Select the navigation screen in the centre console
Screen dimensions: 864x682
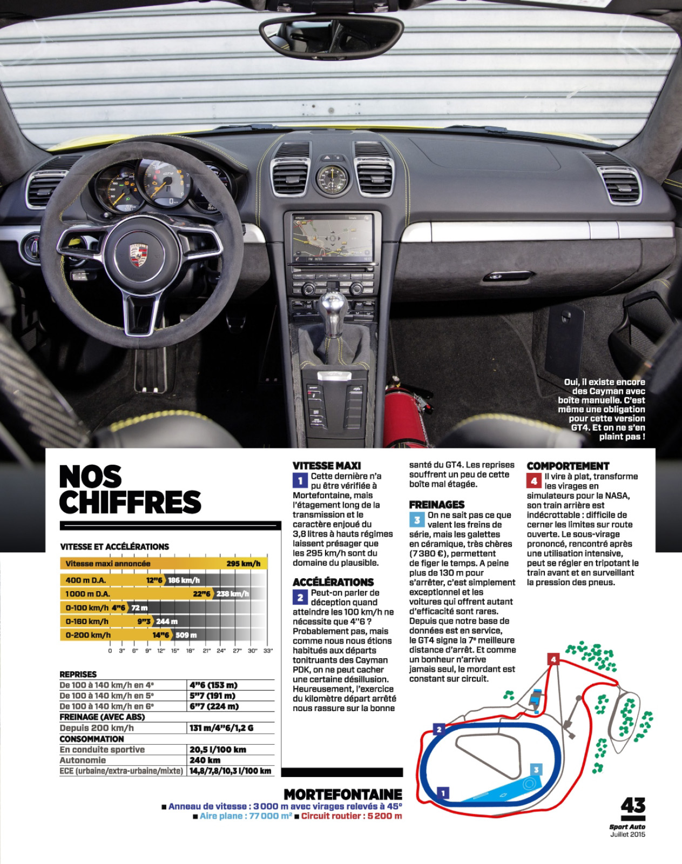click(x=332, y=237)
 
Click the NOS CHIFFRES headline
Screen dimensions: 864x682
click(x=130, y=490)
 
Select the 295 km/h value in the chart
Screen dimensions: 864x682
click(x=243, y=564)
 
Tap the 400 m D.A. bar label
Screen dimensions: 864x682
click(x=86, y=580)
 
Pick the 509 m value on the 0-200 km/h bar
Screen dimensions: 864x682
click(x=186, y=635)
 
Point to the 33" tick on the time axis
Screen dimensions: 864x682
click(x=268, y=651)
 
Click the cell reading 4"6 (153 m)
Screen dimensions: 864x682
click(x=213, y=685)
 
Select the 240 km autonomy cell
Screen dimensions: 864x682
click(x=205, y=760)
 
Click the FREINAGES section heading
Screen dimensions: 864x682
click(x=436, y=505)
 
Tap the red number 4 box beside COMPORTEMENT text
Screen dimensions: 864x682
click(x=534, y=480)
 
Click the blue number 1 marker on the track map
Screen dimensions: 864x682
click(x=443, y=793)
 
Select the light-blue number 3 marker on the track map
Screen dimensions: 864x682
click(x=536, y=770)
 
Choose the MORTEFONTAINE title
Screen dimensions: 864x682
click(x=343, y=794)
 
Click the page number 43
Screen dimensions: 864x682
click(x=633, y=806)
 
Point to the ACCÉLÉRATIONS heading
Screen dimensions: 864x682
click(x=333, y=582)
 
